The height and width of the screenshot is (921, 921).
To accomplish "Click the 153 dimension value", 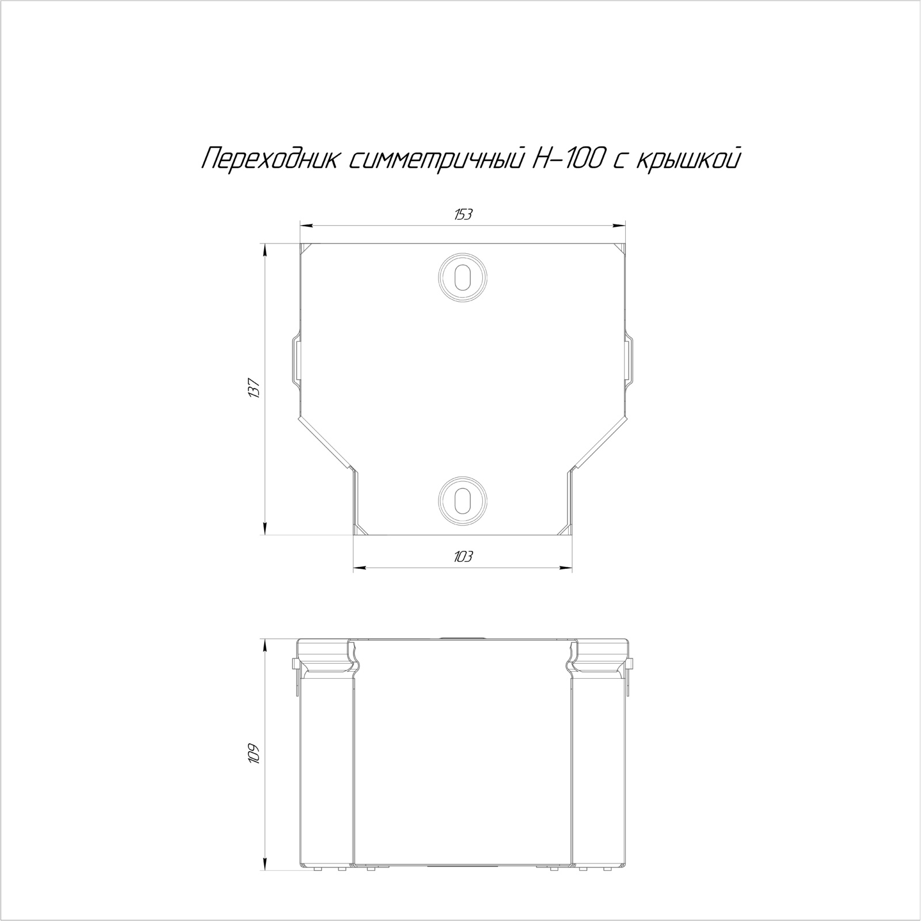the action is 463,215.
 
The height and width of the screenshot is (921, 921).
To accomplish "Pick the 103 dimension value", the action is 463,557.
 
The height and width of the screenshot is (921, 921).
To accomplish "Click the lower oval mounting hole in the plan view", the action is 462,498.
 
